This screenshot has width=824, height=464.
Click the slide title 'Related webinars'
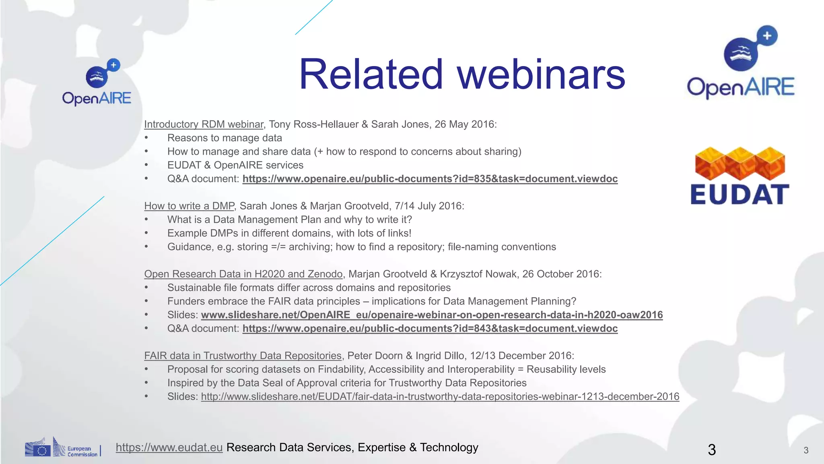pos(462,75)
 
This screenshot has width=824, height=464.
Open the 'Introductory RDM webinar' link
pos(204,124)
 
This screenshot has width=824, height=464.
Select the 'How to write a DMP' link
pos(189,206)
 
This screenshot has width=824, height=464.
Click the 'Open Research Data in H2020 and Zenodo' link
pos(243,274)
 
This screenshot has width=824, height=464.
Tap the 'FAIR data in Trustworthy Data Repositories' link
pos(243,356)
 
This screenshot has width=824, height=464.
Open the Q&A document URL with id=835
pos(430,179)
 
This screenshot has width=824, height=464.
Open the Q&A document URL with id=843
pos(430,329)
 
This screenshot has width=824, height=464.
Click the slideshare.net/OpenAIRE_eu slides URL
pos(432,315)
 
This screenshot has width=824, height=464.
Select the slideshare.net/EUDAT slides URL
pos(440,397)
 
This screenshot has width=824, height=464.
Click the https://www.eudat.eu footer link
pos(169,447)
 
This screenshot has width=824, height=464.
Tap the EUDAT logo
pos(740,176)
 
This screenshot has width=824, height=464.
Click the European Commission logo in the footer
pos(62,448)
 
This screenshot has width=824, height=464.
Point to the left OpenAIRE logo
pos(97,83)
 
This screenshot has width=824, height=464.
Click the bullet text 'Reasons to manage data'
pos(225,138)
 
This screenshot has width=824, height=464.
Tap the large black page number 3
pos(712,450)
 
